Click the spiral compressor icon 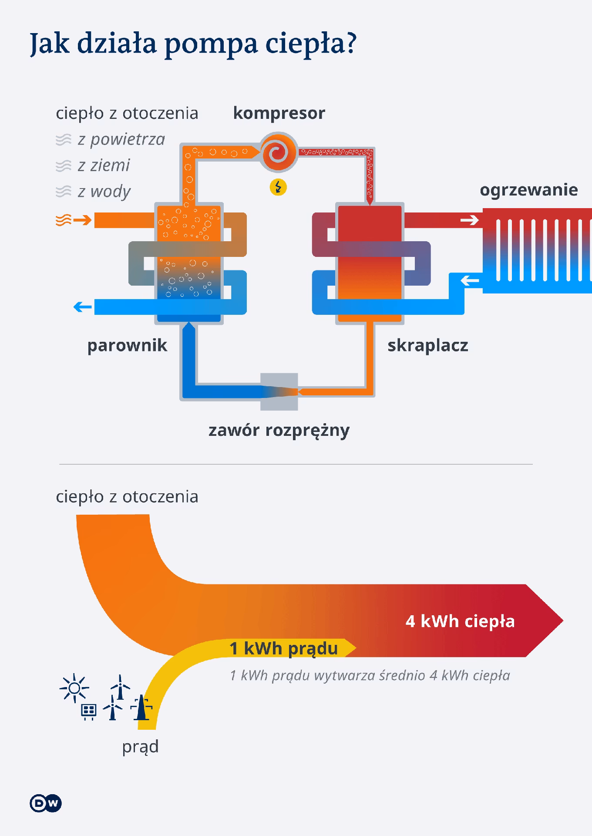tap(279, 152)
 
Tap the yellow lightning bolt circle tap(279, 187)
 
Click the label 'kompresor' tap(279, 113)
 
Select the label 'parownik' tap(127, 345)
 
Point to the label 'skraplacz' tap(428, 345)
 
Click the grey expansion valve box tap(279, 392)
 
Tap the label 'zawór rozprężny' tap(279, 430)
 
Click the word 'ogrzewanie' tap(529, 190)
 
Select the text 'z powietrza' tap(121, 139)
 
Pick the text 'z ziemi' tap(104, 165)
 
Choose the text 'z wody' tap(104, 192)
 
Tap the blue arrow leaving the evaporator tap(82, 307)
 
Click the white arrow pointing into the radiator tap(469, 220)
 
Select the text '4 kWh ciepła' tap(460, 621)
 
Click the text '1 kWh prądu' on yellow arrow tap(284, 648)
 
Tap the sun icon tap(74, 688)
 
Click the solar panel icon tap(89, 711)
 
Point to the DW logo tap(46, 804)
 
